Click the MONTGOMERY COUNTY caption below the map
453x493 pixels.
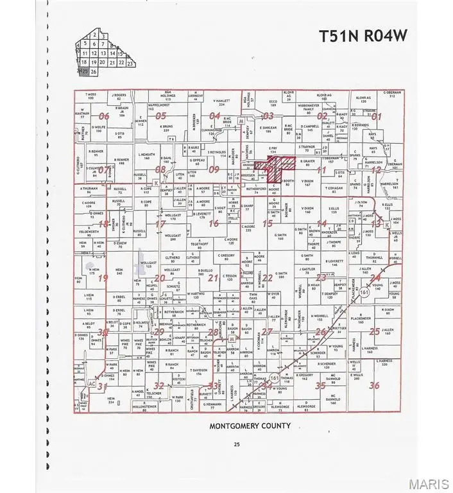point(250,426)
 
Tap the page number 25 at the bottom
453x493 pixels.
point(236,444)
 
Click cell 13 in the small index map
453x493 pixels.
point(103,53)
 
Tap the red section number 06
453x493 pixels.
point(104,116)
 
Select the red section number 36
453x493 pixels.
point(375,385)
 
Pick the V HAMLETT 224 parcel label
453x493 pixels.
point(221,102)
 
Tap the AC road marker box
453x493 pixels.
point(92,385)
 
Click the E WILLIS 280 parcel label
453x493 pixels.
point(357,376)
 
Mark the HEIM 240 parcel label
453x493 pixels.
point(118,272)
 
